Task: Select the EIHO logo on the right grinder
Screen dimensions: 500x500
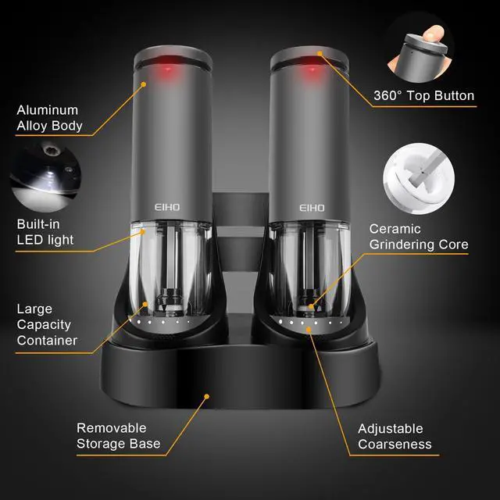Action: [x=312, y=208]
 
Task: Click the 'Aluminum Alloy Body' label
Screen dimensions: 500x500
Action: [x=50, y=118]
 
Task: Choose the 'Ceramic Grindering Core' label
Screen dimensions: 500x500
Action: [x=418, y=237]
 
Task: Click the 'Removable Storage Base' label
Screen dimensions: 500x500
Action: [x=118, y=436]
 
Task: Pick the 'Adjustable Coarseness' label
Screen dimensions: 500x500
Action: [x=395, y=436]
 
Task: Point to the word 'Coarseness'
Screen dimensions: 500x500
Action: [x=395, y=445]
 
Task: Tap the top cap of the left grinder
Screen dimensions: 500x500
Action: [x=174, y=59]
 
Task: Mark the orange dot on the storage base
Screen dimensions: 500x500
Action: [x=206, y=396]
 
